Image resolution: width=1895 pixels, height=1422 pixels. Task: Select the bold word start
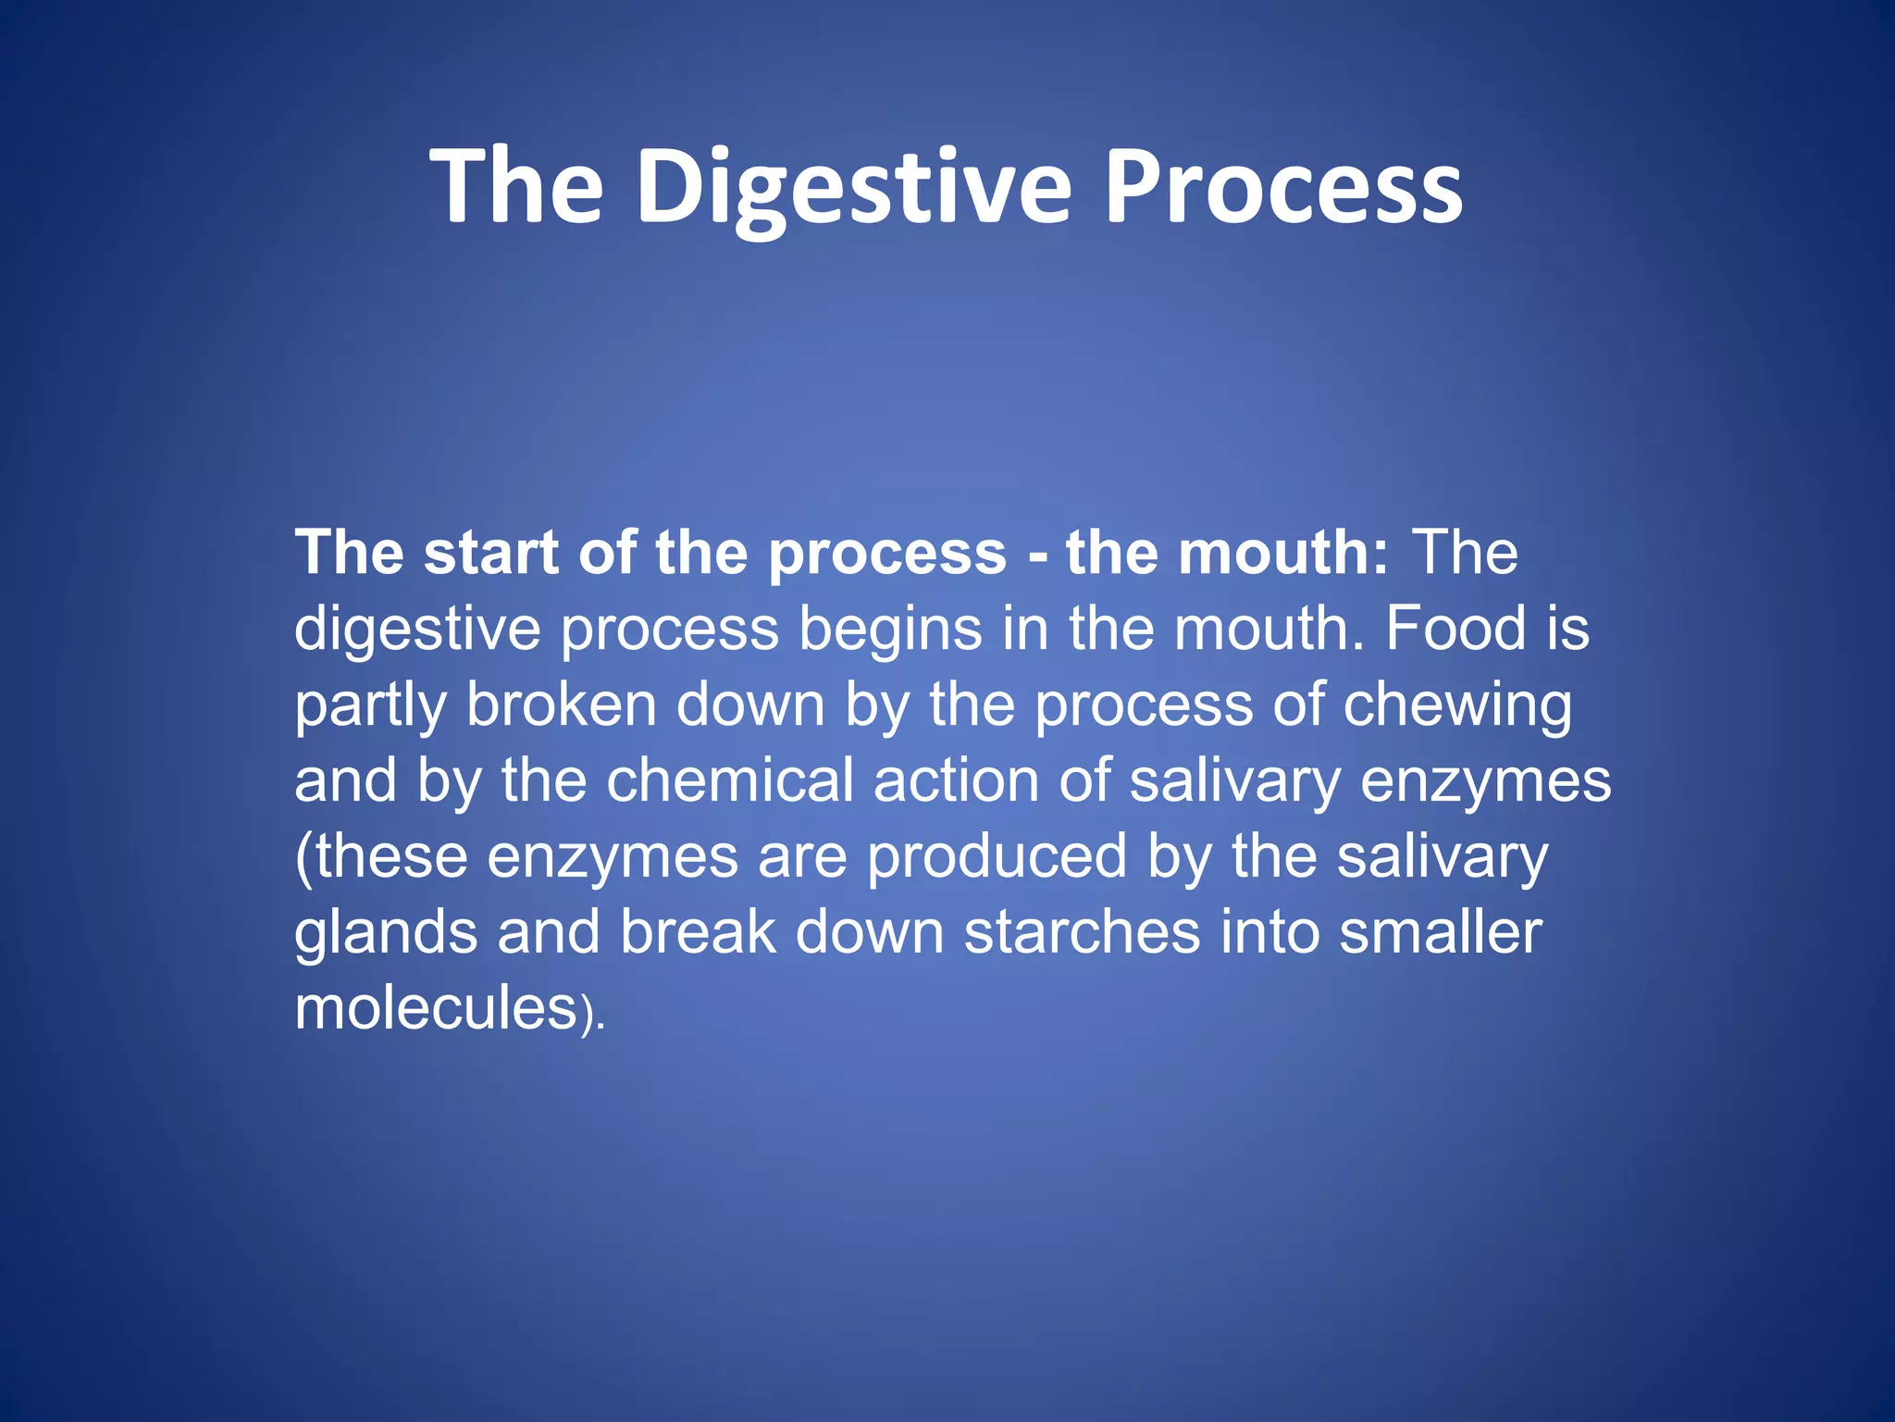click(491, 553)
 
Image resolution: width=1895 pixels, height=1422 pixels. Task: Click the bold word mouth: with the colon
click(1227, 553)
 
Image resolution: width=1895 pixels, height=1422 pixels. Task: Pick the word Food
click(1455, 629)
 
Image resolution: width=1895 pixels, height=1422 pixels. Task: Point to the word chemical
click(730, 780)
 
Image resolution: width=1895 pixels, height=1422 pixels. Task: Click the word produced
click(997, 856)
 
